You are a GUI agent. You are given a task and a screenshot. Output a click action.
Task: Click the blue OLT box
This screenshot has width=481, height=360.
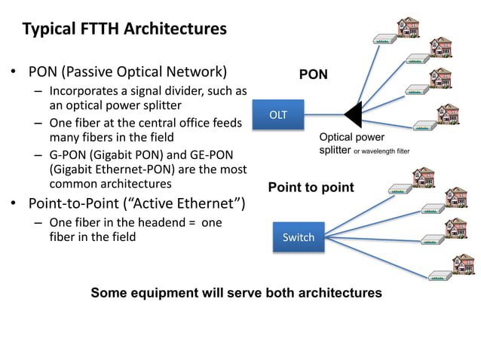(278, 114)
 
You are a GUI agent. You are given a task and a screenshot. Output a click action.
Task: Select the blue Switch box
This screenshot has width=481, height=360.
(298, 237)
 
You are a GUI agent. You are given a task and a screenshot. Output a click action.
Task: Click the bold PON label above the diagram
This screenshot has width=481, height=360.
(313, 75)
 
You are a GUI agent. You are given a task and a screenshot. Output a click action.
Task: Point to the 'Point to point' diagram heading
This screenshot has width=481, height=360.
(311, 187)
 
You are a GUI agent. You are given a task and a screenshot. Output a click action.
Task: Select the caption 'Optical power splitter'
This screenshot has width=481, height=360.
(351, 144)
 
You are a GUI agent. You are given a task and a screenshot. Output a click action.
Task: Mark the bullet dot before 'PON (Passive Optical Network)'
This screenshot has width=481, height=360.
(13, 74)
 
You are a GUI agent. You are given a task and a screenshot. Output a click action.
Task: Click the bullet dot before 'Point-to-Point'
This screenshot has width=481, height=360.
(13, 204)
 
